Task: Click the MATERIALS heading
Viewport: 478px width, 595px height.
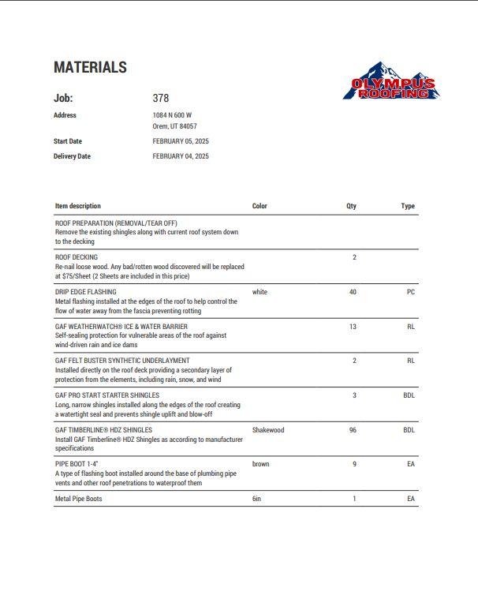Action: pos(90,68)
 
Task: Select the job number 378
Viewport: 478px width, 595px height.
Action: pos(161,99)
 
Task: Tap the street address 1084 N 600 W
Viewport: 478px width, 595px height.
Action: pos(172,115)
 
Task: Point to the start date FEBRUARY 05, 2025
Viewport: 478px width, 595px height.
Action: pos(181,141)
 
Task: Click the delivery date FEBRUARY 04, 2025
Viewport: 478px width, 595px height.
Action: pos(181,156)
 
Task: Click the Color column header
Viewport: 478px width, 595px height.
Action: pos(260,206)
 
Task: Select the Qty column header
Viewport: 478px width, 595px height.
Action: pos(351,206)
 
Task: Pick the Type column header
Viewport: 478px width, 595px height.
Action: pos(408,206)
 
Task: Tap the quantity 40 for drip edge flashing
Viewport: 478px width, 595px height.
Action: pos(353,292)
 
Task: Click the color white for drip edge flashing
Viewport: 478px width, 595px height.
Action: pos(260,292)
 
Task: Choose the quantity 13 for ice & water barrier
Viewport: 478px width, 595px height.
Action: pos(353,327)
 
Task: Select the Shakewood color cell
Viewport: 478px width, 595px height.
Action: pos(268,430)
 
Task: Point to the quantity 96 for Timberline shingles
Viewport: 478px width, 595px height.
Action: pos(353,430)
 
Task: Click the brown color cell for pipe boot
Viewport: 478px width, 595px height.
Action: pos(261,464)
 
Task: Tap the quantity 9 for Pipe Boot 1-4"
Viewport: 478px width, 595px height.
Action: pos(354,464)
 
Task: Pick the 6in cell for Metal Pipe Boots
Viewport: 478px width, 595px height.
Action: pos(256,499)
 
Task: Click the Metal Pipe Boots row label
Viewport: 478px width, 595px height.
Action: pos(78,499)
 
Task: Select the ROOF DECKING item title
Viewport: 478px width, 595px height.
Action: pos(77,257)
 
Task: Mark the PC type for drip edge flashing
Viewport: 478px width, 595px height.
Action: pos(411,292)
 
